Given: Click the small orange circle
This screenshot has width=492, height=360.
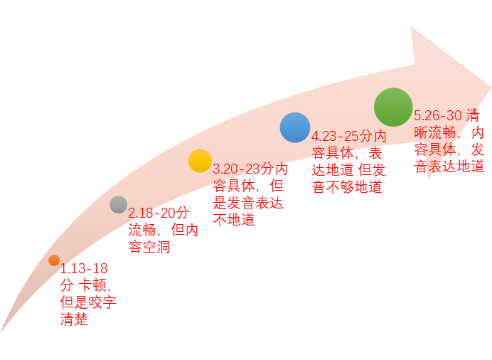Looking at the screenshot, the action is tap(54, 260).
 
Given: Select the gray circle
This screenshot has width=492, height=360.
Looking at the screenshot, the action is tap(119, 205).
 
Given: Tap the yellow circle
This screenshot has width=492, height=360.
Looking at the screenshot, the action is tap(200, 161).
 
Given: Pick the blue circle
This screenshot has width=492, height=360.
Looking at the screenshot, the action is tap(295, 127).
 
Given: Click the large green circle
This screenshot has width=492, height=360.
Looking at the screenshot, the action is tap(393, 107).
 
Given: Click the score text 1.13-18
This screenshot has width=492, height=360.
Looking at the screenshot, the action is tap(84, 269).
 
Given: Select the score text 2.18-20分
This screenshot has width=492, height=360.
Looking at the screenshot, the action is tap(159, 213).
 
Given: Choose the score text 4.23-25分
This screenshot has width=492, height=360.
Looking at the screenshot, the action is tap(342, 136).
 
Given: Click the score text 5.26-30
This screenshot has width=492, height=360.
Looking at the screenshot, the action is tap(438, 115).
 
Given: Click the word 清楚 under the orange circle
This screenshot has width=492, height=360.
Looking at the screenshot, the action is tap(75, 319).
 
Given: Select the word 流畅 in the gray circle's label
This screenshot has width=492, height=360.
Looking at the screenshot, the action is tap(142, 230).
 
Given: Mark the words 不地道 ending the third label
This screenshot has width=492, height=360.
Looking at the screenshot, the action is tap(234, 219).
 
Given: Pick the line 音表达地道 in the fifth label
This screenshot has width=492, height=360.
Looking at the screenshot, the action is tap(449, 166).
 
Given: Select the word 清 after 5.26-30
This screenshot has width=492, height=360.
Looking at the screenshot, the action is tap(472, 115).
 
